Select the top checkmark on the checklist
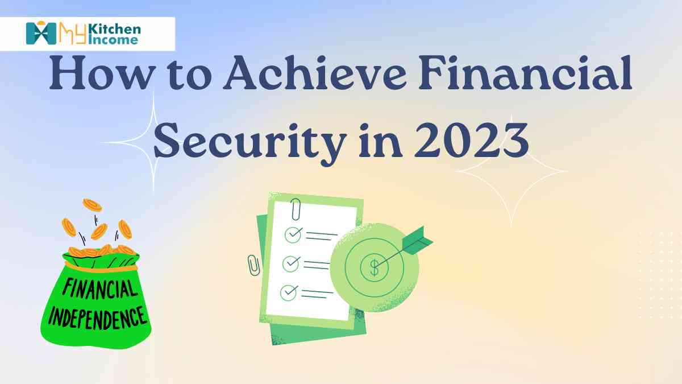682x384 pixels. (x=292, y=233)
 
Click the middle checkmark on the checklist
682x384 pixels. (x=291, y=263)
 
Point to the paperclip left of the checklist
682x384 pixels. (x=253, y=265)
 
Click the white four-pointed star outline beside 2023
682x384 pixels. (x=511, y=171)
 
